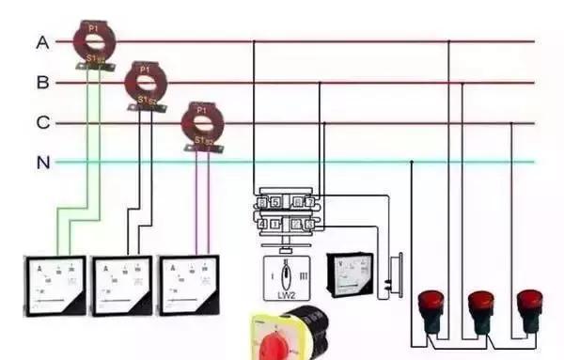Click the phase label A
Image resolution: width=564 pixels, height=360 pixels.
pyautogui.click(x=42, y=42)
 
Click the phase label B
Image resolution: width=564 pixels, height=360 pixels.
pyautogui.click(x=42, y=83)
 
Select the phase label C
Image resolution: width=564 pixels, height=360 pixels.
pyautogui.click(x=42, y=123)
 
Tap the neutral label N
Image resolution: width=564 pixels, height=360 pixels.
pyautogui.click(x=42, y=163)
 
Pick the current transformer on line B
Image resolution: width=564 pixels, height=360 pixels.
pyautogui.click(x=144, y=84)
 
